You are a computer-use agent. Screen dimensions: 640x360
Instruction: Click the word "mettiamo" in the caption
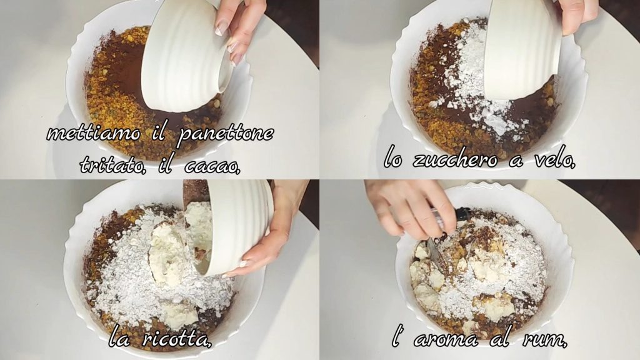pyautogui.click(x=94, y=134)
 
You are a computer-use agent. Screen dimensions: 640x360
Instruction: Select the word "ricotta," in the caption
pyautogui.click(x=177, y=339)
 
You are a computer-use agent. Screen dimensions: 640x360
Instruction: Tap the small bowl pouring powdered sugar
pyautogui.click(x=521, y=49)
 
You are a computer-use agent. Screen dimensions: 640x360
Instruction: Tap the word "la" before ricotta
pyautogui.click(x=119, y=339)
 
